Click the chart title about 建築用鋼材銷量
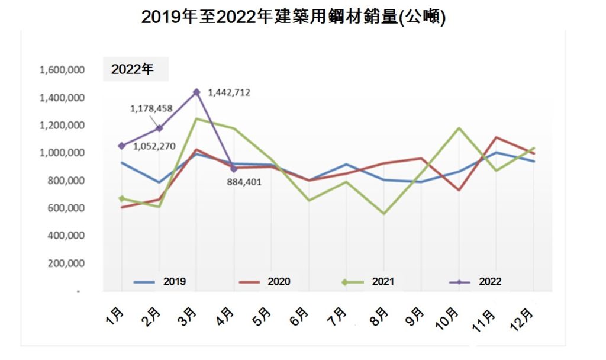[x=293, y=17]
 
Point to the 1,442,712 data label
[x=230, y=92]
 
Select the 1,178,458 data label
[x=151, y=108]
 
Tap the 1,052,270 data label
[x=154, y=146]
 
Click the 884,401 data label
[x=244, y=182]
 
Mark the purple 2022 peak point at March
[x=196, y=92]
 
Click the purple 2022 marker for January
[x=121, y=146]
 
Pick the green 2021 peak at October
[x=459, y=128]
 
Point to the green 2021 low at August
[x=383, y=213]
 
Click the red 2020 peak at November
[x=496, y=137]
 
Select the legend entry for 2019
[x=160, y=282]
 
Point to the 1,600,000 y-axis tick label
[x=62, y=70]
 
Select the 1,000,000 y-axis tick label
[x=62, y=153]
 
